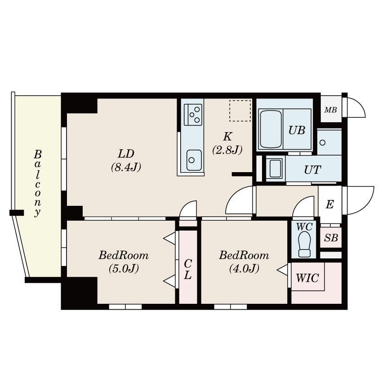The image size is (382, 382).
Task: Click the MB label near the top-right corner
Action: [331, 110]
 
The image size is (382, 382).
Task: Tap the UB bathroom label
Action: [297, 130]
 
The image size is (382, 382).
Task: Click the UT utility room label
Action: [313, 170]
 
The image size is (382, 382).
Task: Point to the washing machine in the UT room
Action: [275, 169]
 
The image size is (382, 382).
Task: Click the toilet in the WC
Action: [304, 244]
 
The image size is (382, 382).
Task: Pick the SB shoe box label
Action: [331, 238]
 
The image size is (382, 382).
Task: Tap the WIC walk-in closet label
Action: [307, 278]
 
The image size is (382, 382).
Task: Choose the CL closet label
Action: [187, 269]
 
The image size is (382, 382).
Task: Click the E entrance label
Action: [329, 204]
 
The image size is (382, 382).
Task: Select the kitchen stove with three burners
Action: [193, 115]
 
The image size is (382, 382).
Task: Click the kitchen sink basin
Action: [194, 160]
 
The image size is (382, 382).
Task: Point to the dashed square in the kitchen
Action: [240, 111]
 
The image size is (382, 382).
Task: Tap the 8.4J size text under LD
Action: [126, 168]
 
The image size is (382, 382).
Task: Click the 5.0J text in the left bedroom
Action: [124, 269]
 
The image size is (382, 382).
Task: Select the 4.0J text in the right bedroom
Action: [244, 269]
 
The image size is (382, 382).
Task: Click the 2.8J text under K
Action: [227, 150]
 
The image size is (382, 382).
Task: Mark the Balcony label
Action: [37, 183]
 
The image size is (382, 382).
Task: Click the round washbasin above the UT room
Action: [323, 143]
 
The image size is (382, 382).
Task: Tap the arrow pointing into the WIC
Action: [283, 270]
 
